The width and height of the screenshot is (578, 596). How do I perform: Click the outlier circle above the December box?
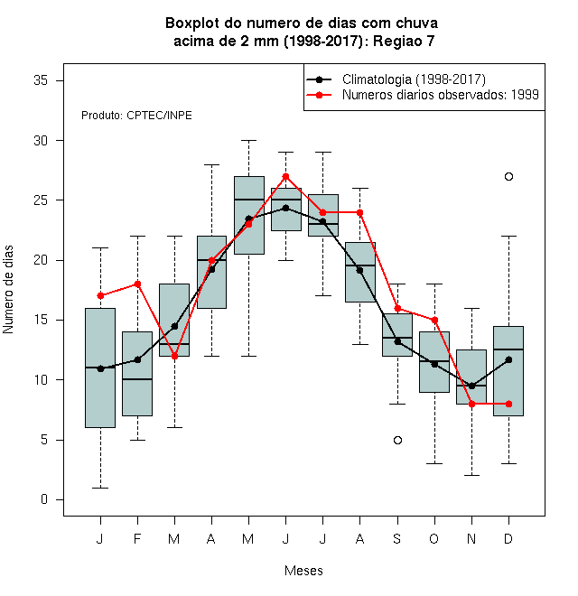point(508,176)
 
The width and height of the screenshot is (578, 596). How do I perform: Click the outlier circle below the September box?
point(397,440)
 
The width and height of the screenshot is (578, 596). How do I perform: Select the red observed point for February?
point(137,284)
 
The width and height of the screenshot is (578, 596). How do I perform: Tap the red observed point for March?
point(174,356)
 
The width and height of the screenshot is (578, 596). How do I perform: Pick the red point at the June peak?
point(285,176)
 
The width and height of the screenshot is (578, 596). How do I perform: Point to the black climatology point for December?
point(508,359)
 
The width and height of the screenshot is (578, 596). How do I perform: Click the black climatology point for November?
point(471,386)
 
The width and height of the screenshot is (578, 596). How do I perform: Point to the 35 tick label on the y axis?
point(41,80)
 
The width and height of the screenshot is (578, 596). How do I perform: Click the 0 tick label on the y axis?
point(44,499)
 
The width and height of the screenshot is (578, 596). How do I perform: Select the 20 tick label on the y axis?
point(41,260)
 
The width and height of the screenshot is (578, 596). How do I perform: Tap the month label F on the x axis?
point(137,538)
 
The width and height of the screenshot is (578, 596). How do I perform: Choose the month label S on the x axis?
point(397,538)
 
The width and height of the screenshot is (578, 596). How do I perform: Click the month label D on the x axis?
point(508,538)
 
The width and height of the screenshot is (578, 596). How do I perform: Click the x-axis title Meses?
point(303,571)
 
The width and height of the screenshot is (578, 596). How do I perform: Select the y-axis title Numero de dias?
point(8,290)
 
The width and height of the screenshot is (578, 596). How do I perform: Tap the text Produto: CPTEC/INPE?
point(136,116)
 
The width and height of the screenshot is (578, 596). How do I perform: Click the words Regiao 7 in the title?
point(404,41)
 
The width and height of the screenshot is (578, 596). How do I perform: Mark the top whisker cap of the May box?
point(248,140)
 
